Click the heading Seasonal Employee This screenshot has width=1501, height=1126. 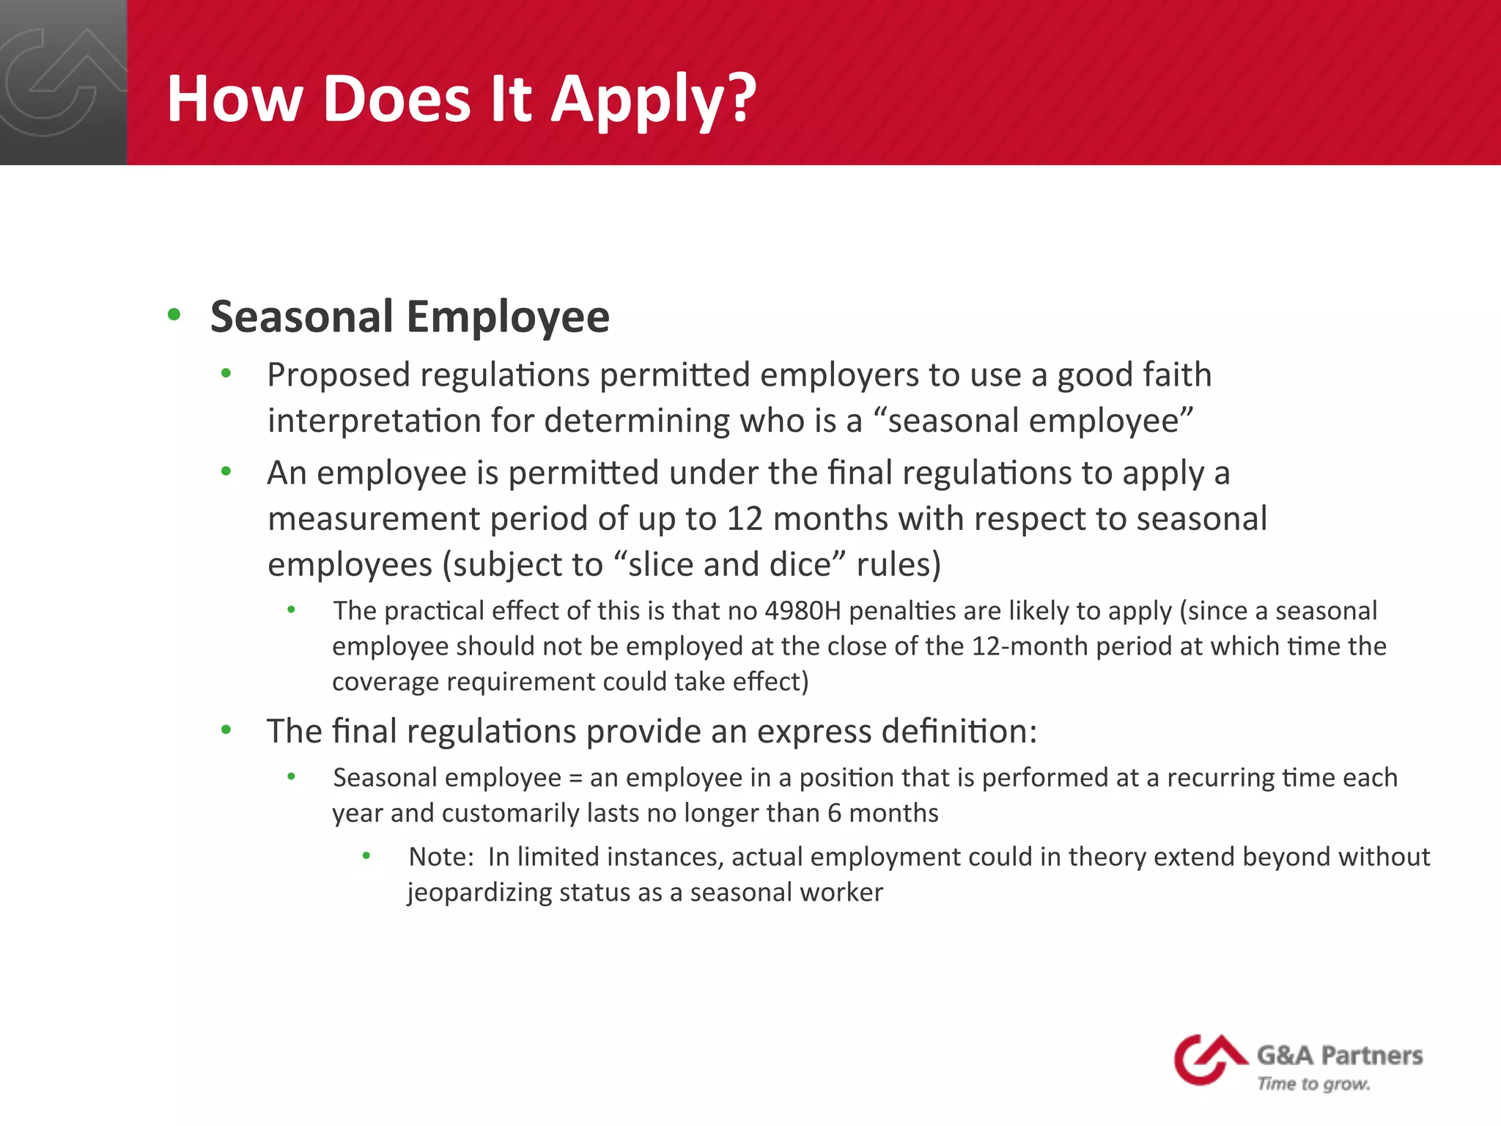(x=410, y=317)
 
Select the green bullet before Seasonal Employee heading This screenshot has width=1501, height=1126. (x=174, y=315)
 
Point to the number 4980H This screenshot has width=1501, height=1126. (x=803, y=611)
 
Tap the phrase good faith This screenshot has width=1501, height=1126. (x=1134, y=375)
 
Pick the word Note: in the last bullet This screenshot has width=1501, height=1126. (x=441, y=856)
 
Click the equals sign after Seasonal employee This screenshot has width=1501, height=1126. (x=575, y=778)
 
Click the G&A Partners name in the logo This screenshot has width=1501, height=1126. (x=1340, y=1056)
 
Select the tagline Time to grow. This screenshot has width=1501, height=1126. (x=1313, y=1083)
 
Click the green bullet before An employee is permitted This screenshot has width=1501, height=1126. (x=226, y=471)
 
